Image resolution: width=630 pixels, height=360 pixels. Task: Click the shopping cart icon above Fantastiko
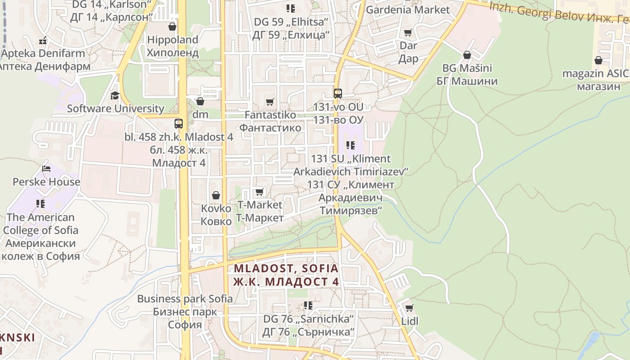(x=270, y=102)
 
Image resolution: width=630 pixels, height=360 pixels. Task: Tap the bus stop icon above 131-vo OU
(x=337, y=94)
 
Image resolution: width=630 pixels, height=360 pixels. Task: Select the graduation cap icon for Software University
(x=115, y=95)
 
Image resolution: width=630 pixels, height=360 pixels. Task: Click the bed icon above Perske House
(x=46, y=169)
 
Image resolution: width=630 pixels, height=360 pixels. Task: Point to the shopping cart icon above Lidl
(x=409, y=308)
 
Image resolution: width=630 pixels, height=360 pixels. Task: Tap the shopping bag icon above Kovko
(x=216, y=195)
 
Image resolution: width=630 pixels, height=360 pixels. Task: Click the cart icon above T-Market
(x=260, y=192)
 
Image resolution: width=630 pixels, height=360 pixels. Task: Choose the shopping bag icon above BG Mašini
(x=467, y=55)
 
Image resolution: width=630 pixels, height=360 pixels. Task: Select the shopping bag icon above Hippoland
(x=172, y=27)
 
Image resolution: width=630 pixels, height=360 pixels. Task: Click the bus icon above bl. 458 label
(x=179, y=123)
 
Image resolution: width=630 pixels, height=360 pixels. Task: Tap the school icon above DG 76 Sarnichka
(x=308, y=306)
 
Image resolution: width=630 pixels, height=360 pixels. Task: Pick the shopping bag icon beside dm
(x=200, y=101)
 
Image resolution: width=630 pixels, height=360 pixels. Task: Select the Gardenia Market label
(x=408, y=9)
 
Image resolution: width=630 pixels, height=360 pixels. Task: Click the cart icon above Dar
(x=408, y=32)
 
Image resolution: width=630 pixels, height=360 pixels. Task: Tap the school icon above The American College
(x=40, y=204)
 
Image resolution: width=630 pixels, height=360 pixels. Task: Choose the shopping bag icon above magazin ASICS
(x=598, y=60)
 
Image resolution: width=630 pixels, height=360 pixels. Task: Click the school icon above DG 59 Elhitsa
(x=291, y=9)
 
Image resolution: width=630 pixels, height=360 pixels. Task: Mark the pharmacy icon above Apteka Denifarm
(x=43, y=40)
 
